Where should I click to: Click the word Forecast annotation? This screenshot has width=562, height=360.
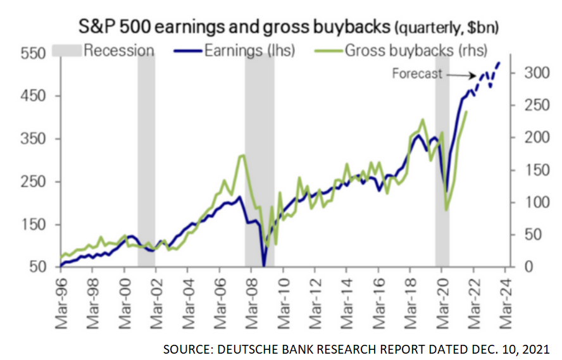click(x=416, y=73)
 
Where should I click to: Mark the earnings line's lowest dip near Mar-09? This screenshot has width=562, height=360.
click(x=264, y=264)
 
